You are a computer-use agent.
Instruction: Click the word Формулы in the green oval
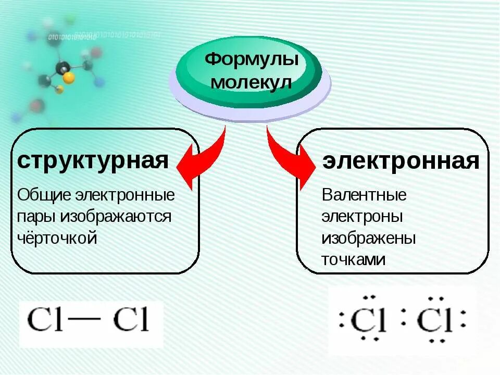[x=252, y=59]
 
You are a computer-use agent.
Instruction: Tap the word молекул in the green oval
[x=252, y=83]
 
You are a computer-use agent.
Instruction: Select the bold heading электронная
[x=401, y=161]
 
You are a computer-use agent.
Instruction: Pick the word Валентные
[x=364, y=196]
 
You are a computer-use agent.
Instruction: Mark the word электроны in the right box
[x=361, y=217]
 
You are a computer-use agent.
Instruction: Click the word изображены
[x=368, y=238]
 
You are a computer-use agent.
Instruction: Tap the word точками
[x=353, y=259]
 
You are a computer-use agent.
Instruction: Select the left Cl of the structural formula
[x=45, y=320]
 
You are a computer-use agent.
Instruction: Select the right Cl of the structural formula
[x=131, y=320]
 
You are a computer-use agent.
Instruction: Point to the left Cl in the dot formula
[x=368, y=321]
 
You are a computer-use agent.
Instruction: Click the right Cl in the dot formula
[x=434, y=321]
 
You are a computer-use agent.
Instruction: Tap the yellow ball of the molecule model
[x=68, y=78]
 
